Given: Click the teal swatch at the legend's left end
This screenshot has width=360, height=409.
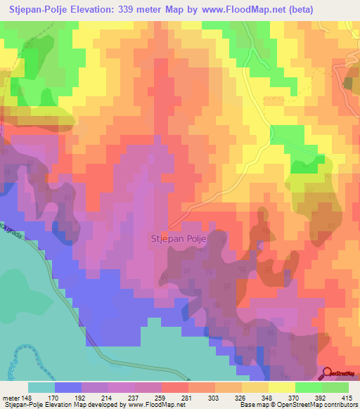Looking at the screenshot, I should tap(41, 387).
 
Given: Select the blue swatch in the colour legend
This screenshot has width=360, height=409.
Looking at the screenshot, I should tap(67, 387).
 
